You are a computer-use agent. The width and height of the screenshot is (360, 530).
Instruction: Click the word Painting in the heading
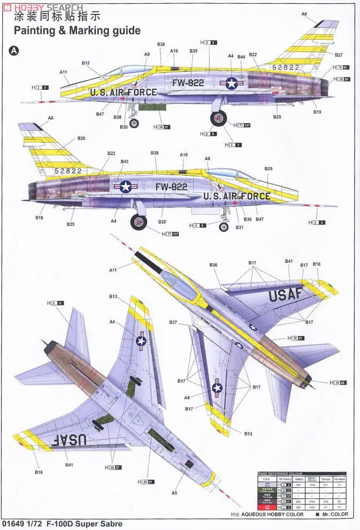click(x=35, y=31)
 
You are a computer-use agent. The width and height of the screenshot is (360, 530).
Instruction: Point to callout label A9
click(x=147, y=54)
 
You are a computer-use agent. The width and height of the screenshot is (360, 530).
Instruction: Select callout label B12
click(x=86, y=63)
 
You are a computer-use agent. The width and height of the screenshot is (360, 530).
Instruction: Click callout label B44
click(x=241, y=56)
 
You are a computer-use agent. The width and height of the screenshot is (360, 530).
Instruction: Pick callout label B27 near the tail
click(x=339, y=55)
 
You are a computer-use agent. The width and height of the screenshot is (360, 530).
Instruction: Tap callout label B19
click(x=317, y=112)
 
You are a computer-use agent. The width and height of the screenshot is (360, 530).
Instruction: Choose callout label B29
click(x=269, y=169)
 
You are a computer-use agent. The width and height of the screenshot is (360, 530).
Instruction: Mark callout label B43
click(x=125, y=161)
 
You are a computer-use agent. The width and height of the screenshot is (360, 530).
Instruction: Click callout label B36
click(x=213, y=265)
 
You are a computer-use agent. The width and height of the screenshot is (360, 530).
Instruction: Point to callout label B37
click(x=173, y=322)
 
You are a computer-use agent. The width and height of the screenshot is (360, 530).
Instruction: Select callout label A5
click(x=174, y=493)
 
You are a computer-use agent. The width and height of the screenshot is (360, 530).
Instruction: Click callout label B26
click(x=81, y=138)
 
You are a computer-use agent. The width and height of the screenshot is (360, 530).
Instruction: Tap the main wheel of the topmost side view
click(x=218, y=118)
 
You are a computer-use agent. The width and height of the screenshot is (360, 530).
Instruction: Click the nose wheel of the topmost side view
click(x=134, y=124)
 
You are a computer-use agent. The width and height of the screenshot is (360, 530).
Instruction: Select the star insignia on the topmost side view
click(x=232, y=82)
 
